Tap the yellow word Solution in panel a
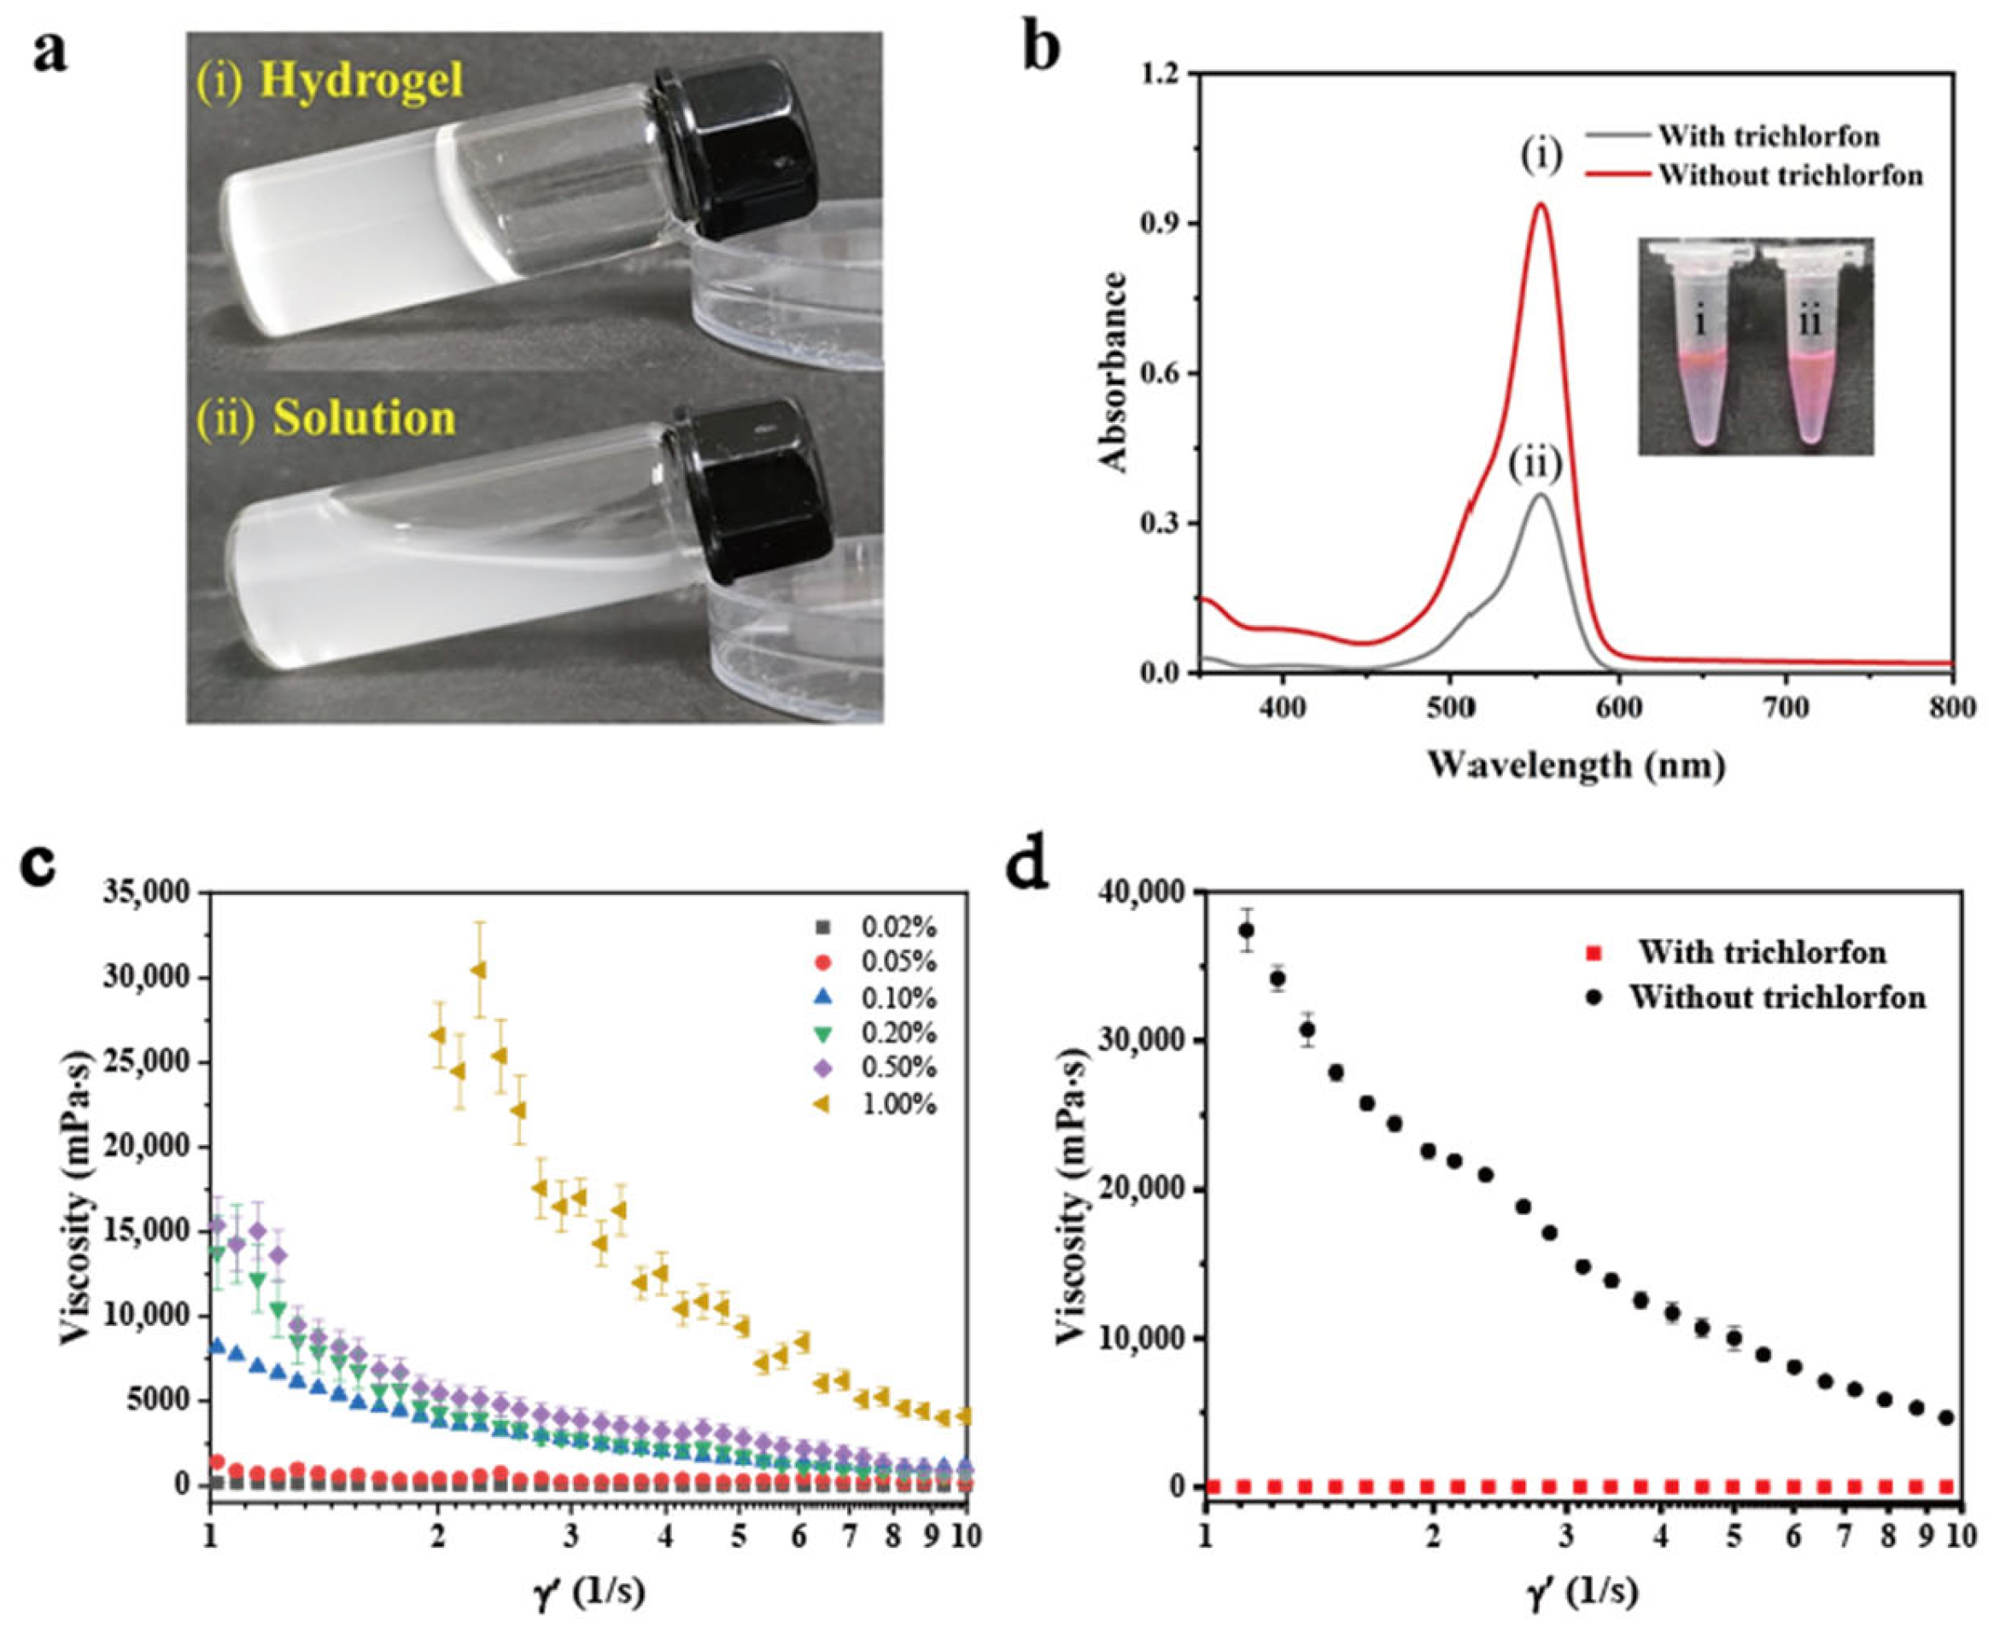364,418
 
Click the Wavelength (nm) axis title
1576,763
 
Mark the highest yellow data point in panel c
479,970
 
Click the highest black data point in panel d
1246,930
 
